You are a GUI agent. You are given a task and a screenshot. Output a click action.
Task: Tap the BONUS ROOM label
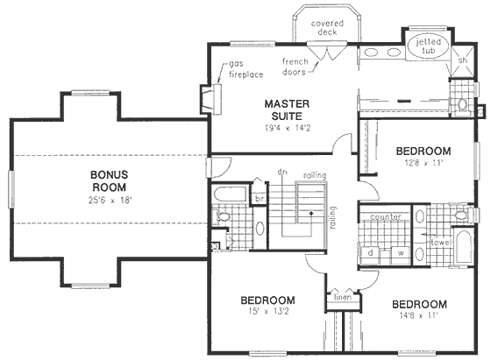click(109, 180)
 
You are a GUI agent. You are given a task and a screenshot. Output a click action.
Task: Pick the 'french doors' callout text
click(297, 66)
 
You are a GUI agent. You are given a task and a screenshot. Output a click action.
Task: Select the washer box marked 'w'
click(401, 253)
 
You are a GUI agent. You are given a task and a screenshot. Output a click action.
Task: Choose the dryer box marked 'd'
click(372, 253)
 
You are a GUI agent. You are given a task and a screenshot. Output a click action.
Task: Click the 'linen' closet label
click(340, 298)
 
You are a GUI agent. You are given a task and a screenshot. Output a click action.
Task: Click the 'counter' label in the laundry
click(386, 215)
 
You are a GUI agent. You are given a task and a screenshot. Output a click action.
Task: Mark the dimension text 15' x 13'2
click(268, 316)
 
